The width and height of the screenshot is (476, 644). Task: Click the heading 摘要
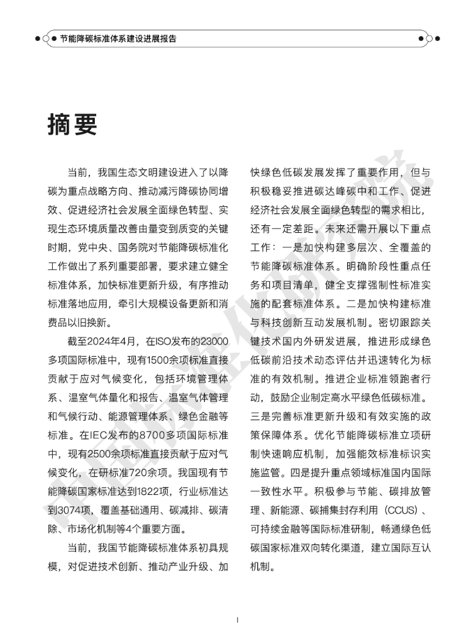pos(72,124)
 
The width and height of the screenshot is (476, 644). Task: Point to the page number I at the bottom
pos(238,619)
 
